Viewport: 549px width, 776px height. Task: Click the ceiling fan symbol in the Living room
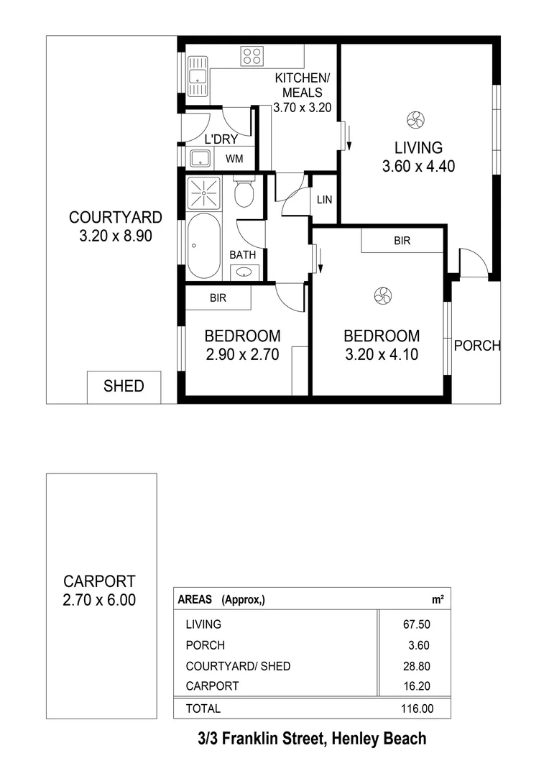tap(414, 120)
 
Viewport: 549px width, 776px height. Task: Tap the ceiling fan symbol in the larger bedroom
tap(381, 295)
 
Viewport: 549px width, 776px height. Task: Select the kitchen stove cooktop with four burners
tap(252, 56)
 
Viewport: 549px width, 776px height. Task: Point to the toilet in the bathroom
tap(244, 192)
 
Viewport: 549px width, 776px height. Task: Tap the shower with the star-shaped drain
tap(204, 193)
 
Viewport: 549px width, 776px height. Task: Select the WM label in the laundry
tap(234, 159)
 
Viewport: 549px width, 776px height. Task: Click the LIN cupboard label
tap(324, 200)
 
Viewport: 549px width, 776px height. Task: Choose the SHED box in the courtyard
tap(124, 387)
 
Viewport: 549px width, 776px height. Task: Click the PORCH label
tap(477, 346)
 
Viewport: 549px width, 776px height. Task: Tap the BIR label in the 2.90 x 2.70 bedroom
tap(218, 297)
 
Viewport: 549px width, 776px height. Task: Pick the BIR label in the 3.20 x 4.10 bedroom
tap(402, 241)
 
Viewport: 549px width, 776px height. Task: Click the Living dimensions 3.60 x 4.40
tap(418, 167)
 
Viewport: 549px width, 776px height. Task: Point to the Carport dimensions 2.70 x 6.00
tap(99, 600)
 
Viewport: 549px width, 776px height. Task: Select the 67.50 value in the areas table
tap(417, 624)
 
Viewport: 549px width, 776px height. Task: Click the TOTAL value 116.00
tap(417, 708)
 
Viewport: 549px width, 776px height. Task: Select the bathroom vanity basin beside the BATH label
tap(244, 272)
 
